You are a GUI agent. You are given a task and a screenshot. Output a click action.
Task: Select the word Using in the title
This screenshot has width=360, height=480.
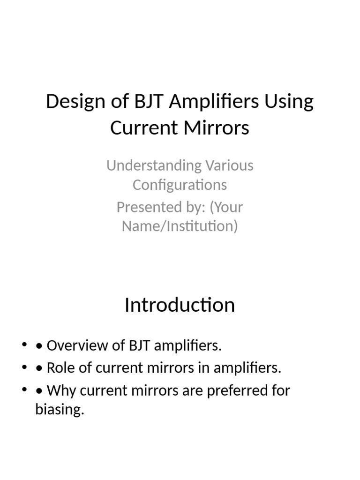tap(289, 102)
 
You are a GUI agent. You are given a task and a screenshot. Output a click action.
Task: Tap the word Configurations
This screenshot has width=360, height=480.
tap(180, 185)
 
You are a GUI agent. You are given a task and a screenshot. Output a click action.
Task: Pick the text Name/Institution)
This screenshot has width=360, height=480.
tap(180, 226)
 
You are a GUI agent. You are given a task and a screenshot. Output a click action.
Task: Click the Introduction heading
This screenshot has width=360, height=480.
tap(180, 305)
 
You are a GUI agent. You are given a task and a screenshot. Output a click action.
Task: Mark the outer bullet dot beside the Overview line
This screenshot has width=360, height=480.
tap(24, 346)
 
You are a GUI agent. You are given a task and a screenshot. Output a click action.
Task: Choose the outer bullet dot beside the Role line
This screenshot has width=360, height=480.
tap(24, 368)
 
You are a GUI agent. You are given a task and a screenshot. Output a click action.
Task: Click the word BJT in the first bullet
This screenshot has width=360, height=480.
tap(138, 346)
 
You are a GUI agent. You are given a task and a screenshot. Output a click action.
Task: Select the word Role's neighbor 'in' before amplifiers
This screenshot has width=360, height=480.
tap(205, 368)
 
